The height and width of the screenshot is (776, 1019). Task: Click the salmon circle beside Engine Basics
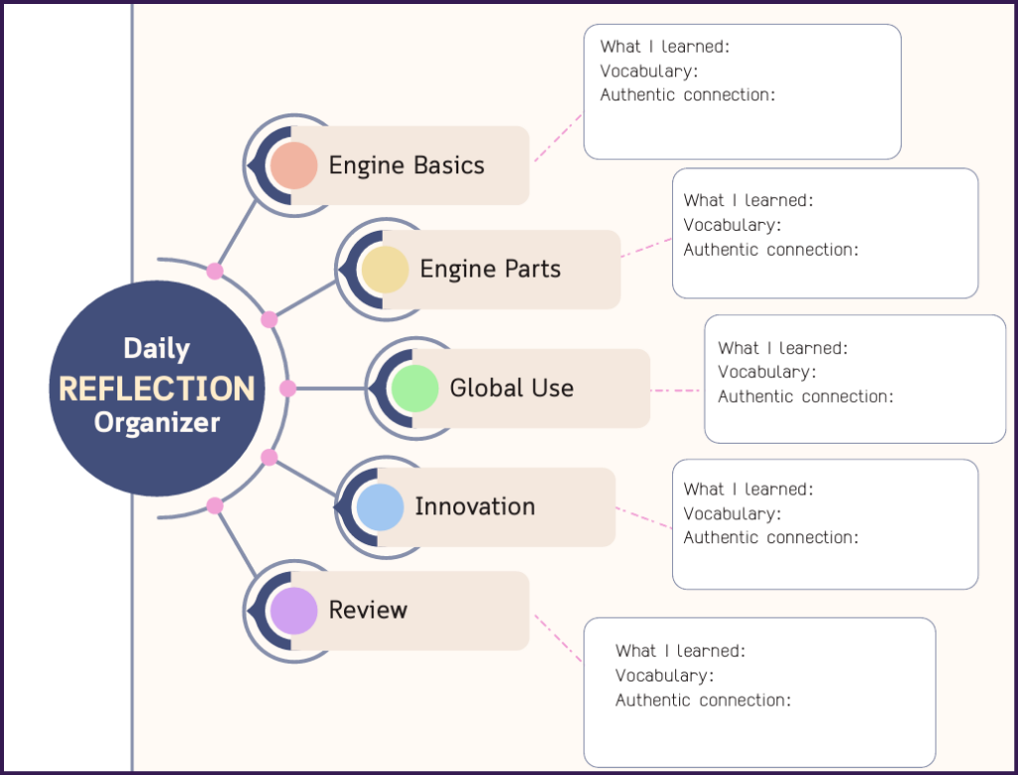click(x=293, y=165)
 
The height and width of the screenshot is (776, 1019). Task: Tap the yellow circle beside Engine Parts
click(x=385, y=270)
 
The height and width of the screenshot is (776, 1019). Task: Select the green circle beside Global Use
click(x=415, y=388)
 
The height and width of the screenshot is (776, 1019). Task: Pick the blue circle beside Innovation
click(x=380, y=507)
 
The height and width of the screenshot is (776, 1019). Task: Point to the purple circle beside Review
click(x=293, y=611)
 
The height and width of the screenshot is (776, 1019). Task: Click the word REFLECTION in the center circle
click(x=157, y=388)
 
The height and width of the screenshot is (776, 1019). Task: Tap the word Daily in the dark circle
click(x=157, y=348)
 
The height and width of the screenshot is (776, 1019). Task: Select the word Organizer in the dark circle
click(x=157, y=423)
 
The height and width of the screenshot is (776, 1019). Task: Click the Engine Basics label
click(x=407, y=165)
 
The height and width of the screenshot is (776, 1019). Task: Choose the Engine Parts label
click(x=490, y=269)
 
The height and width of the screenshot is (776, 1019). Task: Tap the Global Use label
click(x=511, y=388)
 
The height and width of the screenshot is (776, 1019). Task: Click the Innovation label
click(x=475, y=506)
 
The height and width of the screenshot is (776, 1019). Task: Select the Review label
click(x=368, y=610)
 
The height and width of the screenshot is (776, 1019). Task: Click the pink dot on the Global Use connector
click(x=288, y=388)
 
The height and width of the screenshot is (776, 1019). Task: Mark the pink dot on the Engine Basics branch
click(x=215, y=272)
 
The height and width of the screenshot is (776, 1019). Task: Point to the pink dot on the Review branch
click(x=215, y=506)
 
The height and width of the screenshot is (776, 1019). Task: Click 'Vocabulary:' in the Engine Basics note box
click(x=648, y=71)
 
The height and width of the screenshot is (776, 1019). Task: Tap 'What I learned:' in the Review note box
click(x=680, y=651)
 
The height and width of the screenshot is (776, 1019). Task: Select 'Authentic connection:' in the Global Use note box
click(x=806, y=396)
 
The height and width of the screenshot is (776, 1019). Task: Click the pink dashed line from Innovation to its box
click(x=643, y=517)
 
